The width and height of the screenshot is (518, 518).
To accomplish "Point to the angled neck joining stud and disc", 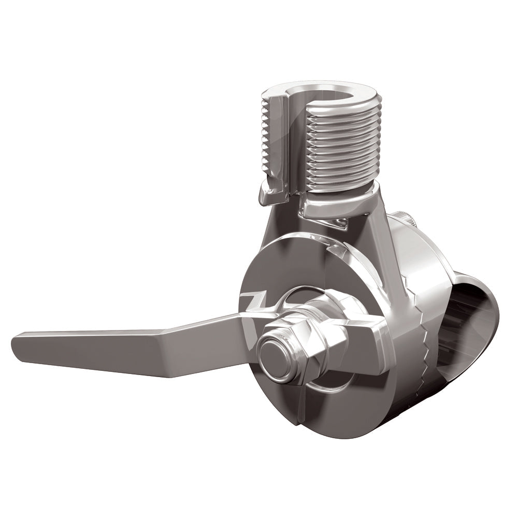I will (363, 228).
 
